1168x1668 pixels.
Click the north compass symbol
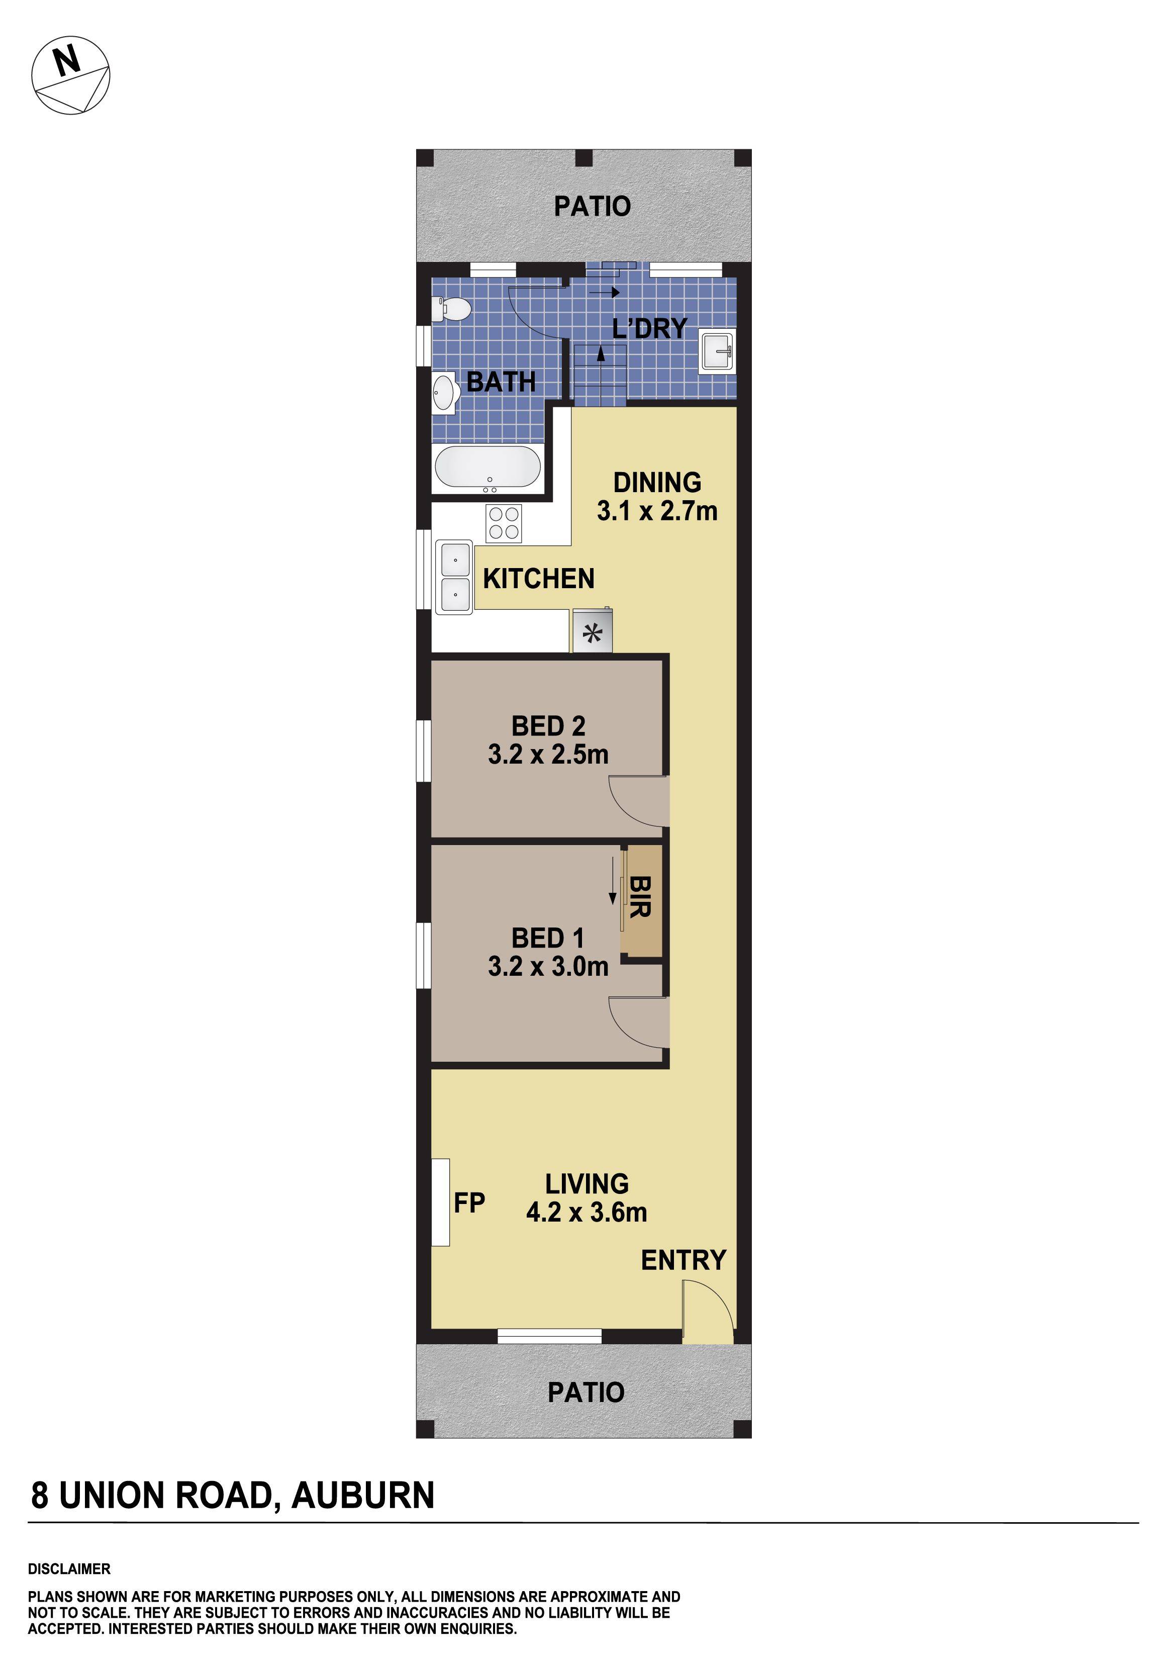click(70, 75)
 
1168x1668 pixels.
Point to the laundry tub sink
click(717, 352)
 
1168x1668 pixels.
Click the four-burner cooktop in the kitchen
click(504, 523)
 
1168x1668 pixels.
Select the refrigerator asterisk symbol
click(593, 633)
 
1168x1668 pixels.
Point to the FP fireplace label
click(469, 1202)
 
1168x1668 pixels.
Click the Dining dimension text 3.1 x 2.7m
click(657, 511)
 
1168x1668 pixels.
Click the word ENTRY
click(683, 1260)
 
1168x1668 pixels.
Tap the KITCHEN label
click(538, 579)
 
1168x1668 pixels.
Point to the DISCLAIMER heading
click(69, 1569)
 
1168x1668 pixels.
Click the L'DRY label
click(649, 329)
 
